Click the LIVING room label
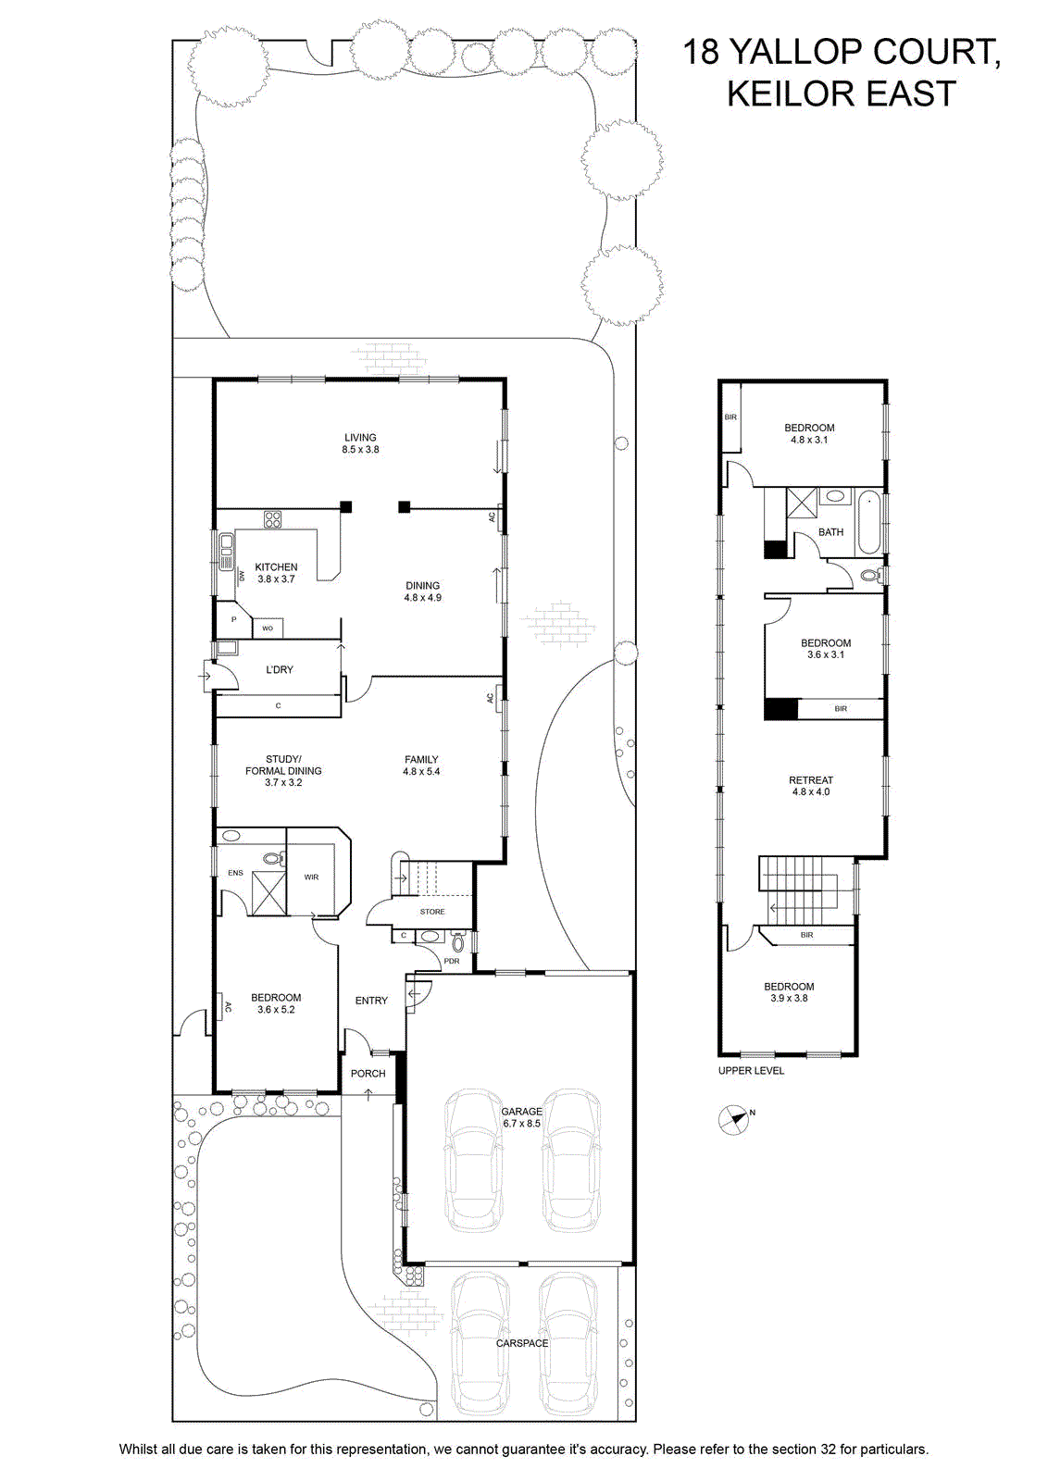360,437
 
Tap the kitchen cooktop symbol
272,519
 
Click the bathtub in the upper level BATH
868,522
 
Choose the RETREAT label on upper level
811,779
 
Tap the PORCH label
368,1073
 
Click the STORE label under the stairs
432,911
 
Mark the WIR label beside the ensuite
311,877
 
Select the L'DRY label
279,669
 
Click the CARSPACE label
522,1343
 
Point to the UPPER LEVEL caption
751,1070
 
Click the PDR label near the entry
452,961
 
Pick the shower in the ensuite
268,893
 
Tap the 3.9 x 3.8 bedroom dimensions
789,998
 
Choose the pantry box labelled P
233,619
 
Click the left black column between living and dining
346,507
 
